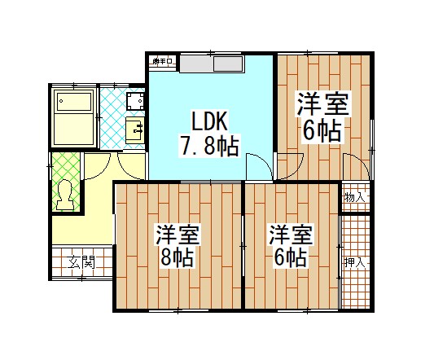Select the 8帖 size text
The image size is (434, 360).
click(176, 259)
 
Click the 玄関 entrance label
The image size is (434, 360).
click(81, 262)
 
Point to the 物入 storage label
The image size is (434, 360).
click(354, 197)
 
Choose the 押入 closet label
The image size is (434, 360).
click(354, 262)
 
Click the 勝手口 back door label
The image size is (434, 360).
click(162, 60)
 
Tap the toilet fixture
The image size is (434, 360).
click(64, 195)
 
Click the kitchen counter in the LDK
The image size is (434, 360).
click(212, 64)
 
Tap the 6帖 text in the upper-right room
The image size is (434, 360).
click(322, 131)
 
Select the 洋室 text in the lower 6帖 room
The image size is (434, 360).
click(291, 235)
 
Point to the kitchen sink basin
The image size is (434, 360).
click(225, 64)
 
